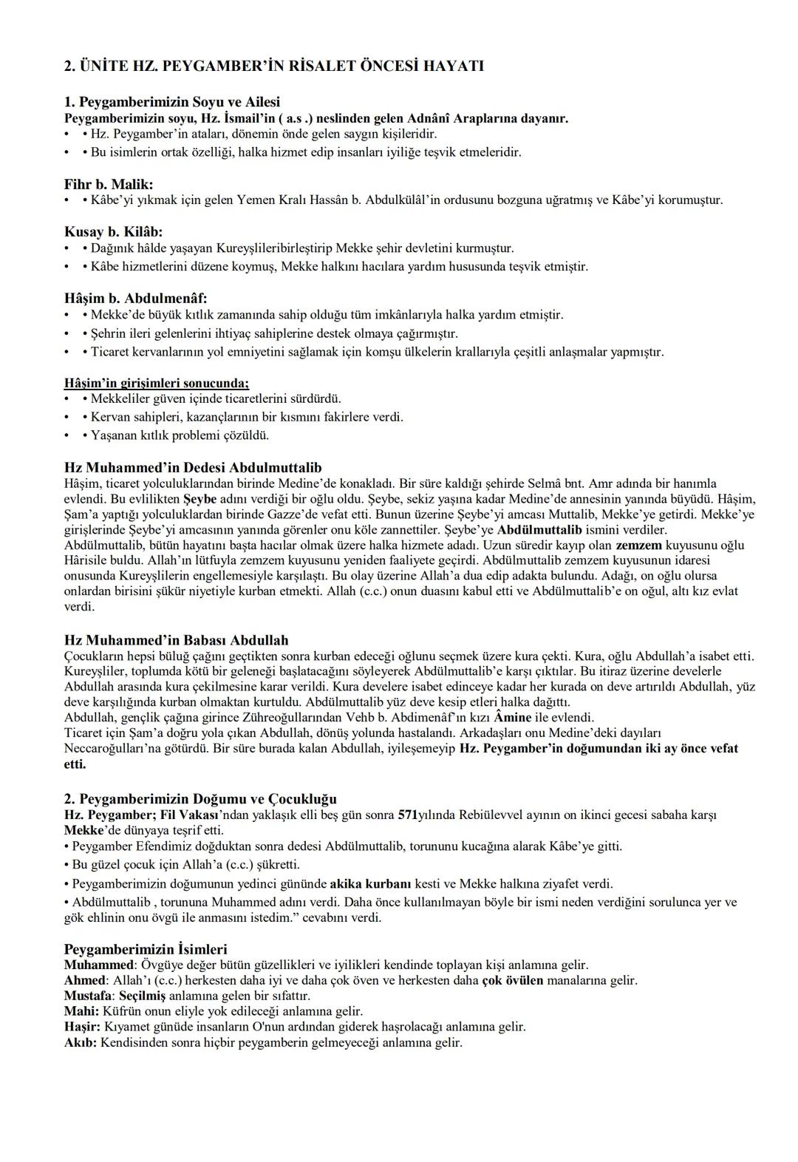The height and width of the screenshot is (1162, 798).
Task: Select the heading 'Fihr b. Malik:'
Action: click(x=109, y=184)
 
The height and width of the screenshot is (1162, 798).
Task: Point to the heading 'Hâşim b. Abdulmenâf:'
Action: click(x=136, y=299)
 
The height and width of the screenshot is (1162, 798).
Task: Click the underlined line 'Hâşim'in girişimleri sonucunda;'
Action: click(x=157, y=383)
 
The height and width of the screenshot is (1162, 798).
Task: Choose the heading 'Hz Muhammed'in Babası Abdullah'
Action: click(x=176, y=640)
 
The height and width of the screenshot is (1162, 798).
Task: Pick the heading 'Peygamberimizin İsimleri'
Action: click(x=146, y=949)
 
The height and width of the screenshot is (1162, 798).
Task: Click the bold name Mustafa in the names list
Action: click(x=88, y=996)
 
